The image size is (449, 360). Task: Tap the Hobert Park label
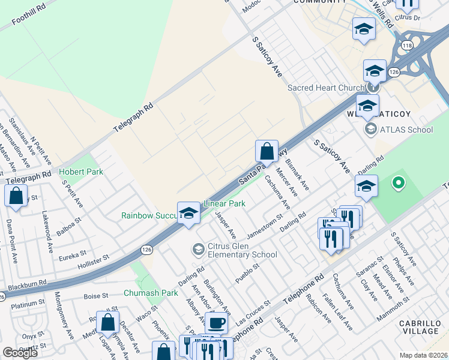(x=81, y=172)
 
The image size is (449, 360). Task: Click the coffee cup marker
(x=217, y=323)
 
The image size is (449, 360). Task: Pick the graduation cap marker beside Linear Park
(x=188, y=212)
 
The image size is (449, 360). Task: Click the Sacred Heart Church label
(x=326, y=88)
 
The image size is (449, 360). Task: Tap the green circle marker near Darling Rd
(x=397, y=182)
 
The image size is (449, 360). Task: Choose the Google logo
(x=20, y=353)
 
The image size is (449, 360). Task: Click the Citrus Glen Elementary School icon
(x=198, y=248)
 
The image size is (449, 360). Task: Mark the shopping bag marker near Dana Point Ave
(x=16, y=196)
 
